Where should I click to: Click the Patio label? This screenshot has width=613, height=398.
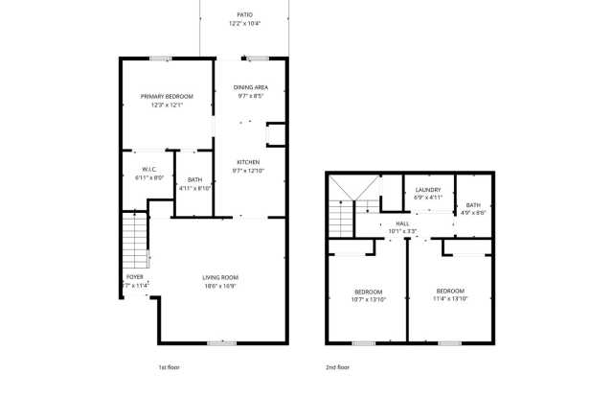click(245, 13)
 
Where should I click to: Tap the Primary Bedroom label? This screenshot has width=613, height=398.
click(167, 96)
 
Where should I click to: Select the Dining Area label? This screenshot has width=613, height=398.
click(251, 87)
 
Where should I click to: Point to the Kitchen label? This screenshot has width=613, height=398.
click(248, 162)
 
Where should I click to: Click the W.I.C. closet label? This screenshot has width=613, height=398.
click(141, 169)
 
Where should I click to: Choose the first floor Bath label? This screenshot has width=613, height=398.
click(194, 180)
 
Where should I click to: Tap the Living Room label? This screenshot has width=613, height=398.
click(219, 277)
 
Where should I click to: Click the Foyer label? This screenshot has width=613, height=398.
click(135, 277)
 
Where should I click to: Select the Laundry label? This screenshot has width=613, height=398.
click(427, 190)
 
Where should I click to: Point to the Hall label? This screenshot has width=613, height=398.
click(401, 223)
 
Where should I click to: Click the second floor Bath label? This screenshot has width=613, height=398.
click(473, 204)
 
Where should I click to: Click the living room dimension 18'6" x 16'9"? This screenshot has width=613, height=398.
click(219, 286)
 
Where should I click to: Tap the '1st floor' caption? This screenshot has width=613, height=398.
click(170, 367)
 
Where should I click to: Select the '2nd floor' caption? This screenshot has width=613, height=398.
click(337, 367)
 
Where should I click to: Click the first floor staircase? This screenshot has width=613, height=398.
click(136, 241)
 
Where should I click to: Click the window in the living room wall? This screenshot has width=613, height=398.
click(222, 342)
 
